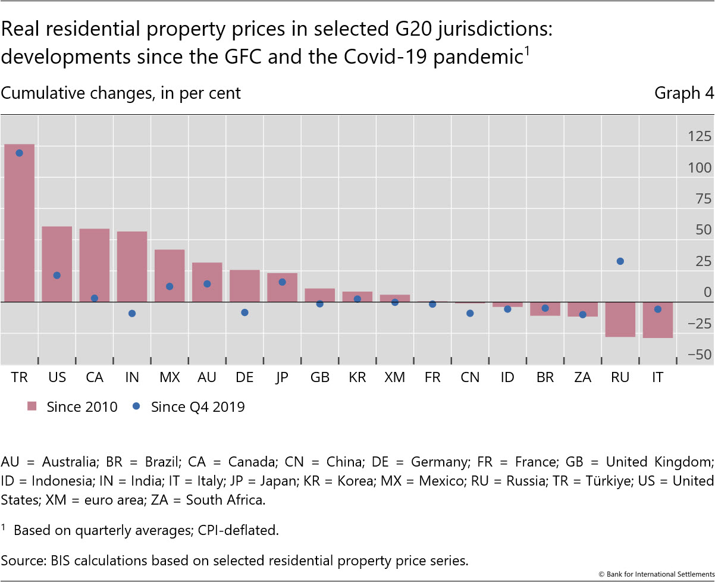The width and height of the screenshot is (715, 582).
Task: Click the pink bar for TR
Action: (x=19, y=223)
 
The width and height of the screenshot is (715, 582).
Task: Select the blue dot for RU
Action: (x=620, y=261)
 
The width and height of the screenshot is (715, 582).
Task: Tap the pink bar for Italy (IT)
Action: (x=657, y=320)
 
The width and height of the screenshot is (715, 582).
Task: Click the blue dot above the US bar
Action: (x=57, y=276)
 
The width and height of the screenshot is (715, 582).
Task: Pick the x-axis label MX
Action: (x=170, y=378)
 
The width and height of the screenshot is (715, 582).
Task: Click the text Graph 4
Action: (x=684, y=93)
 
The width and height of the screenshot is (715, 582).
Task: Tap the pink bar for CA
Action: (x=95, y=265)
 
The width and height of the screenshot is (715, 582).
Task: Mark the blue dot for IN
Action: (x=132, y=314)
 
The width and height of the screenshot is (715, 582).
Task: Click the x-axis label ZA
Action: (x=582, y=378)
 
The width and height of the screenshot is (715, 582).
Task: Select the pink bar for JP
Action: (x=283, y=287)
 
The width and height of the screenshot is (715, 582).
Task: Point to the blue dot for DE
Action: (x=244, y=312)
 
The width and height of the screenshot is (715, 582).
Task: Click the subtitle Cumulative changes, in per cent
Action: (x=121, y=93)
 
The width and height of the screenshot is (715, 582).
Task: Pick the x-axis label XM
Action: (x=394, y=378)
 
